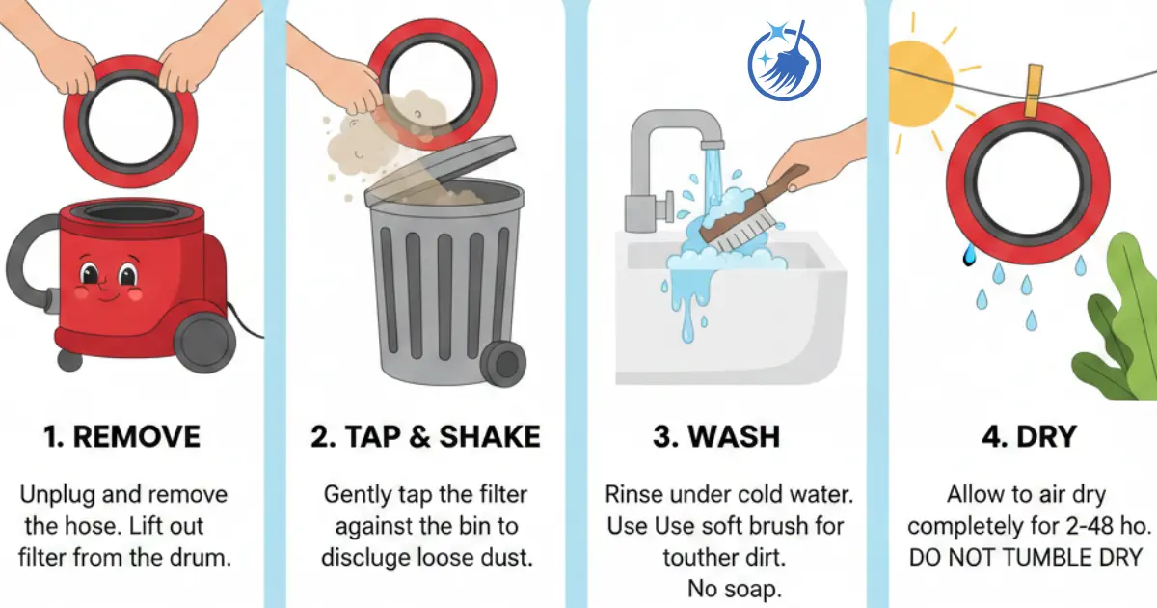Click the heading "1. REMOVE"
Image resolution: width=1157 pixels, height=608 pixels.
pos(122,436)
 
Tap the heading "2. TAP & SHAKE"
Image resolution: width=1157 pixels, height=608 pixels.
pos(425,436)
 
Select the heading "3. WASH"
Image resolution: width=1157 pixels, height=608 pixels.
pos(715,436)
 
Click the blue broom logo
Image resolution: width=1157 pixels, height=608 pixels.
pos(784,59)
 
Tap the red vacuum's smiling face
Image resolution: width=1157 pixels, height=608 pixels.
pos(106,275)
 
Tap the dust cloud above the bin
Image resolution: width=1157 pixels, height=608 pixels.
pos(376,135)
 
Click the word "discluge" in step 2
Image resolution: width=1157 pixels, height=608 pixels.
pos(371,557)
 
